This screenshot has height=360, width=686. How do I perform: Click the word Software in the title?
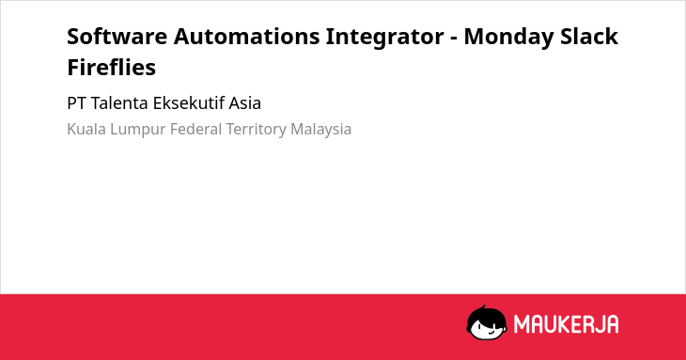117,36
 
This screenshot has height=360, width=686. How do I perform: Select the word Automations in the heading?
247,36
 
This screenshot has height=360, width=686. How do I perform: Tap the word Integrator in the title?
385,38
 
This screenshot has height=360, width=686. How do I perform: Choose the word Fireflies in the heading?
112,67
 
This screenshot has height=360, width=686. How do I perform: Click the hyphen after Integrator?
454,39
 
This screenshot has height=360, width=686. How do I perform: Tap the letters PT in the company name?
77,103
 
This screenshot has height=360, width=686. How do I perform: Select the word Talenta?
120,103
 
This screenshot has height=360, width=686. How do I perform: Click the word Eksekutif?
189,103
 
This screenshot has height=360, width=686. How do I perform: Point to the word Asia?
245,103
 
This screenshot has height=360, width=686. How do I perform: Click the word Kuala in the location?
86,130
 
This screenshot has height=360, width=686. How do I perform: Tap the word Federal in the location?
196,130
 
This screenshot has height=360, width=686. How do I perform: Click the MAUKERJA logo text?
566,324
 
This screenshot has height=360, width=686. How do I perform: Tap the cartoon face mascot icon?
487,323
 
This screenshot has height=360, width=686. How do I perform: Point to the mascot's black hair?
486,315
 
